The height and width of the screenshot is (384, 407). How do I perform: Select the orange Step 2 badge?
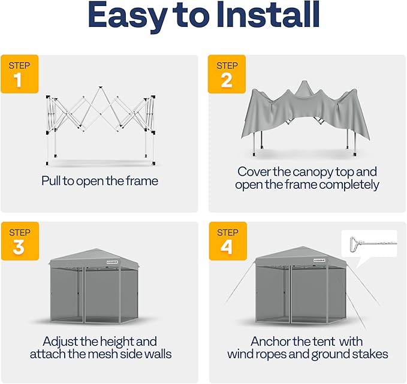(227, 74)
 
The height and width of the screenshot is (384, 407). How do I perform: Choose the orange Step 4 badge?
(227, 241)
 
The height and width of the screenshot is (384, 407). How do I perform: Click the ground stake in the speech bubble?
(367, 244)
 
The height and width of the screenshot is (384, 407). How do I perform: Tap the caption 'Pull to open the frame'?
(100, 180)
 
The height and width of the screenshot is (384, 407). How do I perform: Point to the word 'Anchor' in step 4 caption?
(273, 341)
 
